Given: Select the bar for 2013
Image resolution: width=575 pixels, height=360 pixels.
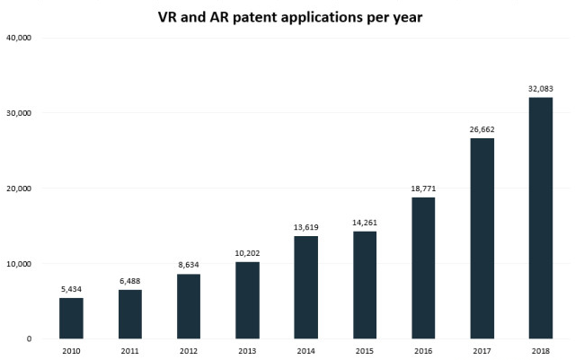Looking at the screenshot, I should pos(247,300).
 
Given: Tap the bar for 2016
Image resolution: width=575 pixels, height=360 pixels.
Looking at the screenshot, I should pos(423,268).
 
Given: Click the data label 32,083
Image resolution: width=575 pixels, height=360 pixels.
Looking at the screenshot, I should pos(540,89).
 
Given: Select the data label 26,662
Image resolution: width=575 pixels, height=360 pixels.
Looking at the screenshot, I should pos(482,129).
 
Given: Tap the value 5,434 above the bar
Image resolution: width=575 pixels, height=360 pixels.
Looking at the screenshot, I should pos(71,290).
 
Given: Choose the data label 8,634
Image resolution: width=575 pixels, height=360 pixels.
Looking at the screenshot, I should pos(189,266).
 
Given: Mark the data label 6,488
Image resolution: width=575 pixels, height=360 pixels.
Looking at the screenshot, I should pos(129,282).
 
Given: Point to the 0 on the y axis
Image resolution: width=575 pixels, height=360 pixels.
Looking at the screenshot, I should pos(30,339).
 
